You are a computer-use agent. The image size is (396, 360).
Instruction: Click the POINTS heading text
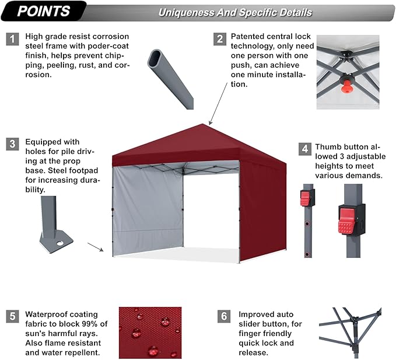click(x=44, y=11)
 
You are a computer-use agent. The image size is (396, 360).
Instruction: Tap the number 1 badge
click(x=12, y=39)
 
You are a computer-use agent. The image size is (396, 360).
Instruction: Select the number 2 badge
click(x=220, y=39)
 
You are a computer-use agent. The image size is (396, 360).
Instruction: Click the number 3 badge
click(x=12, y=144)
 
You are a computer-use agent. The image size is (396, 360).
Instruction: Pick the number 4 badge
click(x=304, y=149)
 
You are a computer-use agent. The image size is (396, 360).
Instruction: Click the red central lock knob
click(x=346, y=88)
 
